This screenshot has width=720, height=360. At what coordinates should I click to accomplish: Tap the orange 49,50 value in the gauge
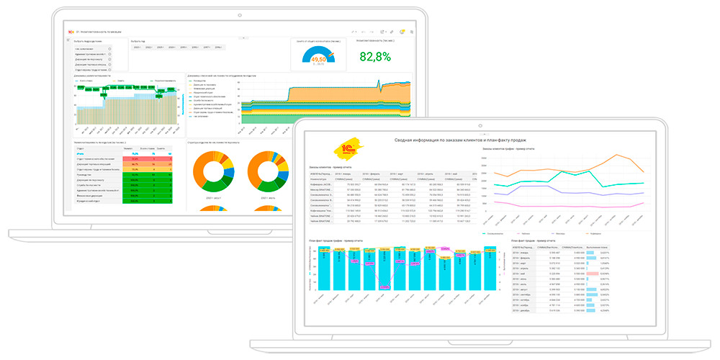(x=318, y=60)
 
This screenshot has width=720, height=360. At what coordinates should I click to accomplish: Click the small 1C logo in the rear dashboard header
(x=69, y=32)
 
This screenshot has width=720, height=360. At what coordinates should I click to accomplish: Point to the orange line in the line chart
(x=616, y=156)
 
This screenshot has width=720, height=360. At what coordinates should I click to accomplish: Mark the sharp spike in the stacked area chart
(x=379, y=85)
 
